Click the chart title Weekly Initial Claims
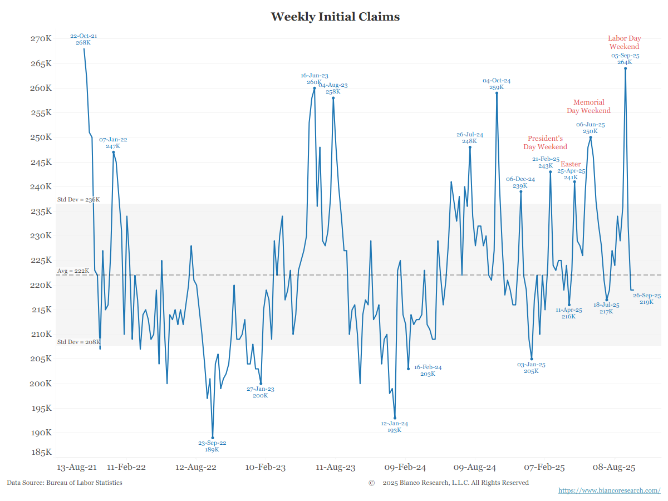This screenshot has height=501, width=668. (x=335, y=17)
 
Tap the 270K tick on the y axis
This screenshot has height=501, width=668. (x=41, y=39)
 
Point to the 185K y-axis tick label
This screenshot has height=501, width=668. (x=41, y=452)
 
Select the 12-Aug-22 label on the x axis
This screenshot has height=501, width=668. (x=195, y=467)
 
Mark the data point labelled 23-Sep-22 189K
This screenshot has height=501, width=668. (x=213, y=438)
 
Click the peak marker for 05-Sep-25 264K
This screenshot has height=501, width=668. (x=625, y=68)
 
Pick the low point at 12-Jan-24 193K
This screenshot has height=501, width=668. (x=395, y=418)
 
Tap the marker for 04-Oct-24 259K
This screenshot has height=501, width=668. (x=497, y=93)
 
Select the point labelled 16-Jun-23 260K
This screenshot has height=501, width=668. (x=315, y=88)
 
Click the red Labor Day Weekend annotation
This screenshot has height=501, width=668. (x=625, y=43)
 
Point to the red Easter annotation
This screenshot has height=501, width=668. (x=571, y=164)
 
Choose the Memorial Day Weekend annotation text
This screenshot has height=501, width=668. (x=589, y=106)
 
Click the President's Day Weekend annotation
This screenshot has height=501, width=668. (x=546, y=143)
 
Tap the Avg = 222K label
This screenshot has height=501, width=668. (x=73, y=271)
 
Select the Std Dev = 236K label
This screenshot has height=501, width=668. (x=78, y=199)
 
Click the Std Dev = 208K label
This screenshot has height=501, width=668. (x=78, y=342)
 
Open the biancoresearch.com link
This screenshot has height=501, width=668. (x=609, y=490)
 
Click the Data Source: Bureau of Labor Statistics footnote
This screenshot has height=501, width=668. (x=65, y=483)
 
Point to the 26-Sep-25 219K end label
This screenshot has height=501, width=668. (x=646, y=298)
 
